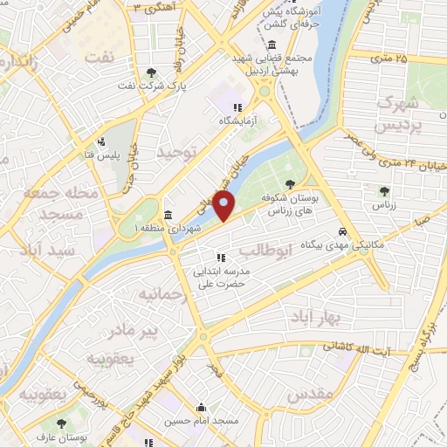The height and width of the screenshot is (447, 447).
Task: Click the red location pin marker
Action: [224, 209]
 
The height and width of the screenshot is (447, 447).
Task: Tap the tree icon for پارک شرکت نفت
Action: [154, 72]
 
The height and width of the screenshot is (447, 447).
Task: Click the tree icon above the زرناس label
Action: [382, 190]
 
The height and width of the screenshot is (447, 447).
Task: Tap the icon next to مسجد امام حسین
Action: [202, 407]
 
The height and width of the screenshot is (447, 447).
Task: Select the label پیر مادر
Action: [127, 331]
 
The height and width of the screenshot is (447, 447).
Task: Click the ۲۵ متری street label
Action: [388, 58]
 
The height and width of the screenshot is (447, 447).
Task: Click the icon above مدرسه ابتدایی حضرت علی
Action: [221, 258]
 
